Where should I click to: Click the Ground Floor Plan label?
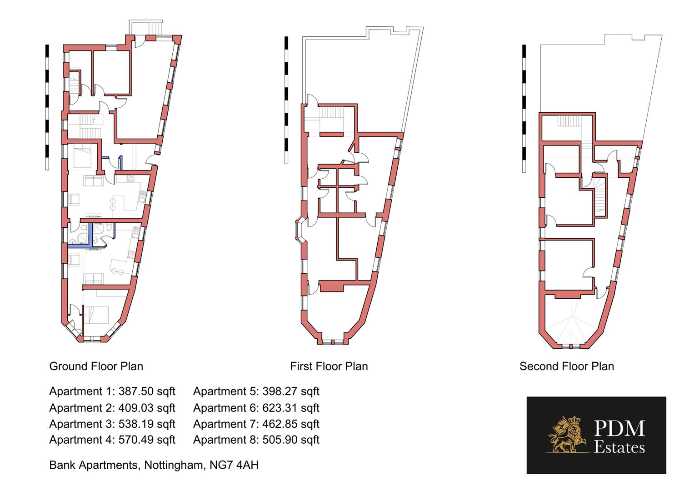(96, 366)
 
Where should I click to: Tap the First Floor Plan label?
(329, 366)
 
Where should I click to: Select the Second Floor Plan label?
(566, 366)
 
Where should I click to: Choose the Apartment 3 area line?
(112, 424)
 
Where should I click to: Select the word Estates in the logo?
(619, 447)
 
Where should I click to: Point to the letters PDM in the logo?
(619, 429)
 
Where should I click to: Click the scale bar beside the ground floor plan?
(47, 107)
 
